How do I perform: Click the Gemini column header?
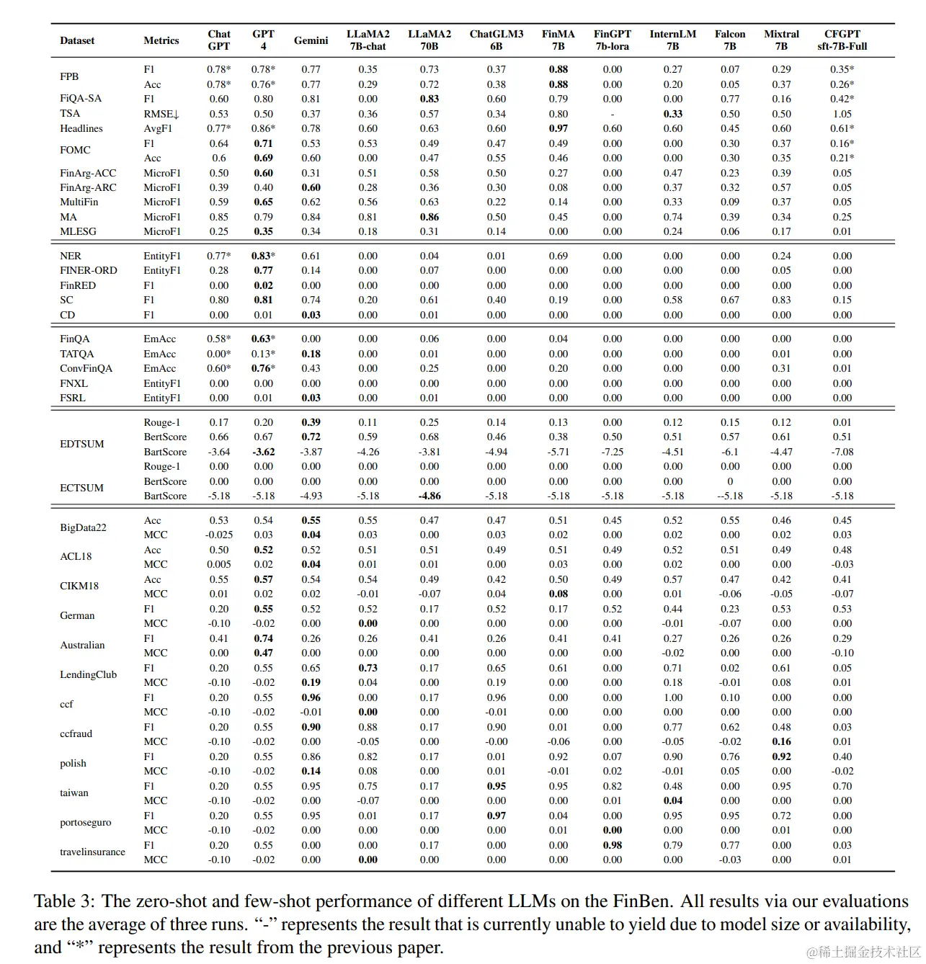click(311, 40)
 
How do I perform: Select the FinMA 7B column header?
click(558, 40)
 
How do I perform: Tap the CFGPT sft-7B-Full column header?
click(842, 40)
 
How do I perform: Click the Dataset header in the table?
click(77, 40)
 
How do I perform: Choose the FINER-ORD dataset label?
click(88, 270)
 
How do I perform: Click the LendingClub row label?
click(88, 675)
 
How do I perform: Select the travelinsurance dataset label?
click(92, 852)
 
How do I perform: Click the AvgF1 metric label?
click(159, 128)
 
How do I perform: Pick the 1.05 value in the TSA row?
click(842, 114)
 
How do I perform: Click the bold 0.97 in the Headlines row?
click(558, 128)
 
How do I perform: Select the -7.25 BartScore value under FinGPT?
click(612, 452)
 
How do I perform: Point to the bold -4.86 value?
click(429, 496)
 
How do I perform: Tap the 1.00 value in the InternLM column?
click(672, 697)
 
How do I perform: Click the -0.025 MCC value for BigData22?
click(218, 535)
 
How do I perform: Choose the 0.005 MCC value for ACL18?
click(218, 564)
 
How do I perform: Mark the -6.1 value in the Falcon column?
click(729, 452)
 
